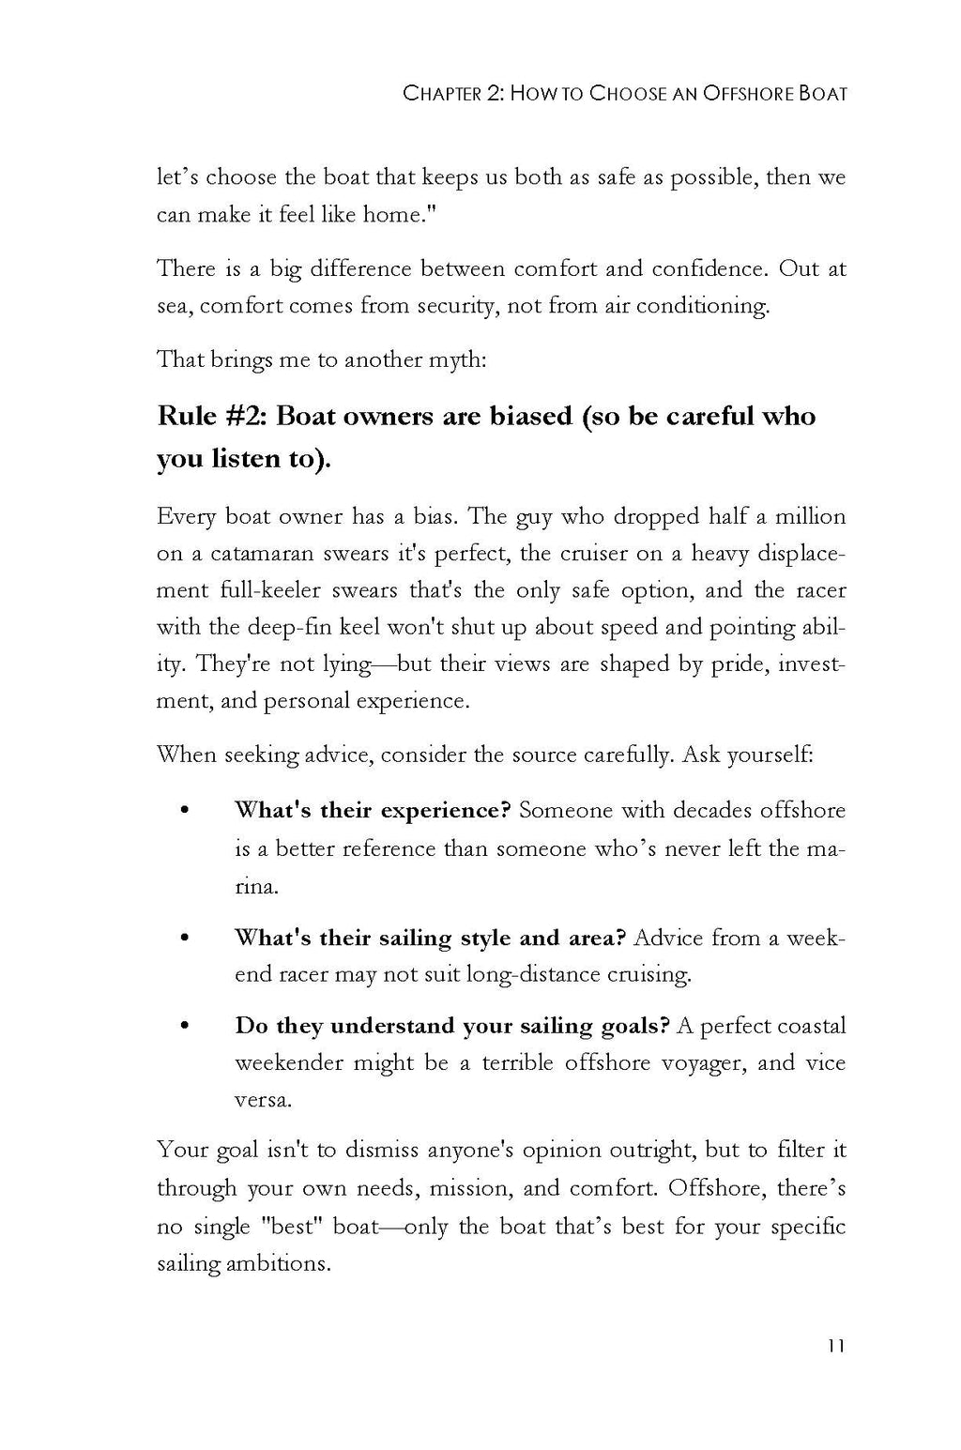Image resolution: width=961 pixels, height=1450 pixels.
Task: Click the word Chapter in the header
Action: click(441, 94)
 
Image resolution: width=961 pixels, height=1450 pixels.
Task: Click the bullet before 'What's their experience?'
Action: click(184, 810)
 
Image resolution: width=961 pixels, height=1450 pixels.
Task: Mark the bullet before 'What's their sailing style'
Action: click(184, 938)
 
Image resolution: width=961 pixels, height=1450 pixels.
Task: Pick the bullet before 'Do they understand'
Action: click(184, 1026)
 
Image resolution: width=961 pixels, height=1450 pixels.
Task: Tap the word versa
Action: click(262, 1100)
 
